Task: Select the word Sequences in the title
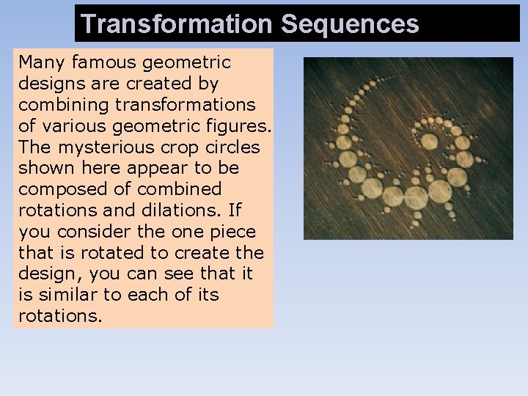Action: (x=349, y=24)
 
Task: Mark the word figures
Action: (x=236, y=126)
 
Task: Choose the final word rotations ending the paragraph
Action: (x=60, y=316)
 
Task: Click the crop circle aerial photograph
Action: (x=408, y=148)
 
